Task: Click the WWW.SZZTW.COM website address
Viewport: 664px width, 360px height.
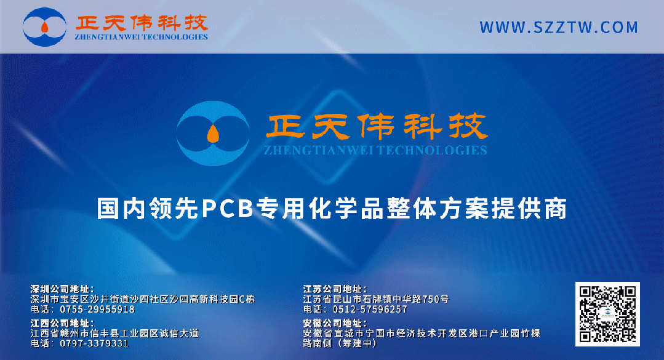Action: coord(559,28)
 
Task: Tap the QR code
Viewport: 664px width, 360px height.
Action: coord(607,314)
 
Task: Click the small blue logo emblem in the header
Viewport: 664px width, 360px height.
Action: coord(44,26)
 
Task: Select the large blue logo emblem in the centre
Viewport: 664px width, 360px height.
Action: coord(213,134)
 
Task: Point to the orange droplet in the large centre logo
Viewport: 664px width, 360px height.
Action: coord(213,133)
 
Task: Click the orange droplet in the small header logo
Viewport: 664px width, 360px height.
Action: coord(44,26)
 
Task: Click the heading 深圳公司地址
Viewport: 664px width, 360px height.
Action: coord(62,289)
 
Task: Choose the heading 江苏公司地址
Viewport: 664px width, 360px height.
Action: coord(335,289)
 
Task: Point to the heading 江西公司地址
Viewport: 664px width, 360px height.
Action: coord(62,322)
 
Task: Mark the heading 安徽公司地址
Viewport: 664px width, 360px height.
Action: coord(335,322)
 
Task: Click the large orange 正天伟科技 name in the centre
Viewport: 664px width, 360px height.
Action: coord(377,127)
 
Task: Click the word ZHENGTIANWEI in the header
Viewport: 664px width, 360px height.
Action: coord(108,37)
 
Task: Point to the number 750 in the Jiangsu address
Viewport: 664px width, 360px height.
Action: coord(428,299)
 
